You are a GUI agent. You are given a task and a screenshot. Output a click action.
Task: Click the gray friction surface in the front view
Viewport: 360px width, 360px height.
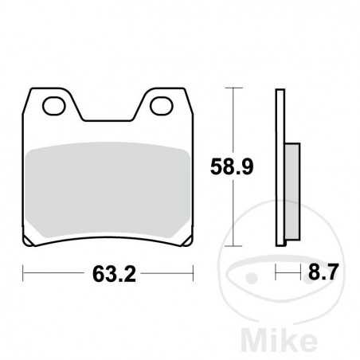point(108,191)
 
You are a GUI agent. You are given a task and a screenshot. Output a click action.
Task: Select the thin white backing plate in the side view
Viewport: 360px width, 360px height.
point(279,167)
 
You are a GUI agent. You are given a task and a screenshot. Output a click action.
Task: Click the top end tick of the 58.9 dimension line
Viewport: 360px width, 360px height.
point(233,87)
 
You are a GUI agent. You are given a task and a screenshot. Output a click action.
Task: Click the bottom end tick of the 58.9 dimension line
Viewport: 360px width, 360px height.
point(233,246)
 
